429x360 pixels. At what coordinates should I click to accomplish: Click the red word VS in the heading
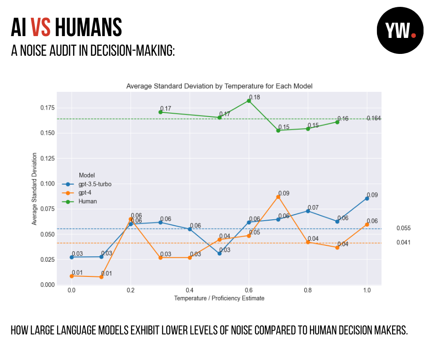[x=41, y=27]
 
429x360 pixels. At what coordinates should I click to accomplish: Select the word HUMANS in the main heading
[x=88, y=27]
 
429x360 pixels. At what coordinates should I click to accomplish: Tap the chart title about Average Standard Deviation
[x=219, y=86]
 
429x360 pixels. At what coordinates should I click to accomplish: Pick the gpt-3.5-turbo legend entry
[x=94, y=184]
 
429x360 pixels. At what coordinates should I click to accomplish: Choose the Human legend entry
[x=87, y=201]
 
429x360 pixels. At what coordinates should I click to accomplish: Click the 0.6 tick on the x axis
[x=249, y=291]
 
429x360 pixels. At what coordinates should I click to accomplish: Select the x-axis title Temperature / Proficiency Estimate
[x=219, y=298]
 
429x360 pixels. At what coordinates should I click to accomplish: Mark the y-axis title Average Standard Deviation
[x=34, y=188]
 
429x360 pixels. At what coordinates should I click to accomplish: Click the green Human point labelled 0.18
[x=249, y=101]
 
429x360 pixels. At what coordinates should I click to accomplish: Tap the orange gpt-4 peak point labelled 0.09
[x=278, y=196]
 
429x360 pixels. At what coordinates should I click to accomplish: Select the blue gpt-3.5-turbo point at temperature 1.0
[x=367, y=198]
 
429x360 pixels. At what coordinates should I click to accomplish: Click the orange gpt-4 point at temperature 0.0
[x=72, y=276]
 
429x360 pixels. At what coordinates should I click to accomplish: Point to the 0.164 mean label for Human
[x=374, y=118]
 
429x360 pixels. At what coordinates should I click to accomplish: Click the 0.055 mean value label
[x=403, y=228]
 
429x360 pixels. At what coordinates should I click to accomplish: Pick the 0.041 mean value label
[x=403, y=243]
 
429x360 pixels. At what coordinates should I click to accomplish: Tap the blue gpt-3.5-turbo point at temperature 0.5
[x=220, y=253]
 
